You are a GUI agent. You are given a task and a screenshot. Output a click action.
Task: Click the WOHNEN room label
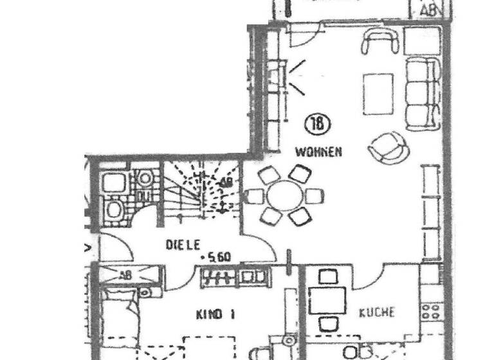click(x=318, y=152)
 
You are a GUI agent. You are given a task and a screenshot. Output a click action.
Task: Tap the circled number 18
click(x=316, y=123)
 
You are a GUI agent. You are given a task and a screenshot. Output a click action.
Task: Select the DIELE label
click(x=184, y=244)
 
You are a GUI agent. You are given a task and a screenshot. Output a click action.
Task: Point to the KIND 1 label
click(x=215, y=314)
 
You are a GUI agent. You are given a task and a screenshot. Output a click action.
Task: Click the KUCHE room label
click(x=377, y=313)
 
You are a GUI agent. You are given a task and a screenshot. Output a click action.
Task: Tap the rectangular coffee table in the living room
click(x=378, y=91)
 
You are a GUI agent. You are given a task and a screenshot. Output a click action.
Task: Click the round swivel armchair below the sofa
click(x=388, y=147)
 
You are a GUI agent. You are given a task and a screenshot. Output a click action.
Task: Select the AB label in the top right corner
click(x=428, y=10)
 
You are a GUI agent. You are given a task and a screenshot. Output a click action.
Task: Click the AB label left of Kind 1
click(x=125, y=274)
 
